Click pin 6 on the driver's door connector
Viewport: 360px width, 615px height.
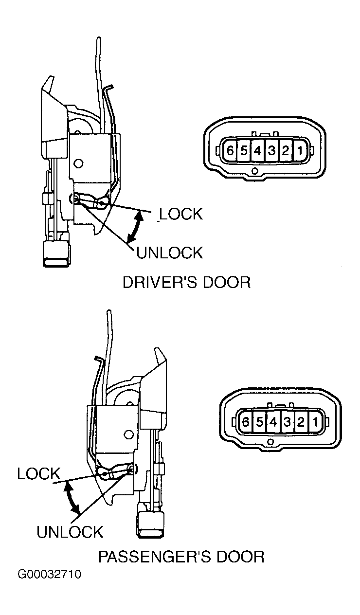click(x=230, y=150)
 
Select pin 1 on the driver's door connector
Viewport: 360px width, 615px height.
click(x=300, y=151)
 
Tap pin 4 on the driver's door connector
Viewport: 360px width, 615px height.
click(x=257, y=150)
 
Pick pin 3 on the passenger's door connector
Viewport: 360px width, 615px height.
click(x=288, y=421)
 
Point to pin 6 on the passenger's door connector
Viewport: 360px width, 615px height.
click(x=246, y=421)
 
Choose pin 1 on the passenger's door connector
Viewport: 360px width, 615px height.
click(x=316, y=421)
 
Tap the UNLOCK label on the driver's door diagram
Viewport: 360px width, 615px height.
click(x=169, y=253)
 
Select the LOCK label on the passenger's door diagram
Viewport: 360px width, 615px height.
click(x=39, y=474)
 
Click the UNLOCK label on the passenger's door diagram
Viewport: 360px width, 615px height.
click(x=70, y=532)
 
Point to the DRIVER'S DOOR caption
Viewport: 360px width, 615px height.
click(x=187, y=283)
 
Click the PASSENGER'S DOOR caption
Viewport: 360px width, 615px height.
click(x=181, y=557)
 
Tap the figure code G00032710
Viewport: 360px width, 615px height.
click(x=50, y=574)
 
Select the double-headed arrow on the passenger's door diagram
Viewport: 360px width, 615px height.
click(x=71, y=499)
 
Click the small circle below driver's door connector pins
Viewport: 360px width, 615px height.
click(x=255, y=171)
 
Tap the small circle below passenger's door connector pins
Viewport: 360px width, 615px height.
click(x=270, y=442)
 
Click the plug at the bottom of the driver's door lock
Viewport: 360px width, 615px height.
click(x=56, y=254)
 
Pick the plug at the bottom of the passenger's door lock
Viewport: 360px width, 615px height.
click(x=151, y=525)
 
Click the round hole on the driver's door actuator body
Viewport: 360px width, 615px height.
click(x=79, y=163)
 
